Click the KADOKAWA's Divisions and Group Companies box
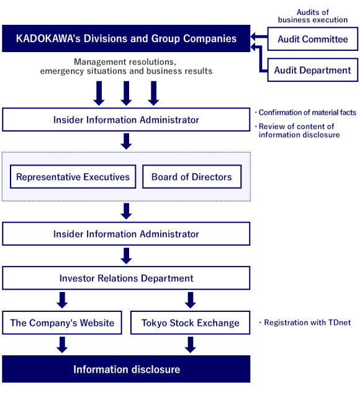[x=126, y=38]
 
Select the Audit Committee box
[x=313, y=39]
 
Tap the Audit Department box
[x=313, y=70]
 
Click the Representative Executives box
[x=73, y=177]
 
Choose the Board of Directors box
[x=191, y=177]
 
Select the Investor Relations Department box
[x=126, y=278]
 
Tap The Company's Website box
[x=62, y=322]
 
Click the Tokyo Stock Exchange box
[x=191, y=322]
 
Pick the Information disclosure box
[x=126, y=370]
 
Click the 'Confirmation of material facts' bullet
[x=307, y=112]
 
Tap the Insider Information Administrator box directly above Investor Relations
[x=126, y=234]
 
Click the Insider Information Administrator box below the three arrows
[x=126, y=120]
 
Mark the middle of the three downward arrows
[x=126, y=93]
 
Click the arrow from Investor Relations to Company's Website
[x=62, y=300]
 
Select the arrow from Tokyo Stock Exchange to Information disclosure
[x=191, y=344]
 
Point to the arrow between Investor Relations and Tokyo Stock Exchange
[x=191, y=300]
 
